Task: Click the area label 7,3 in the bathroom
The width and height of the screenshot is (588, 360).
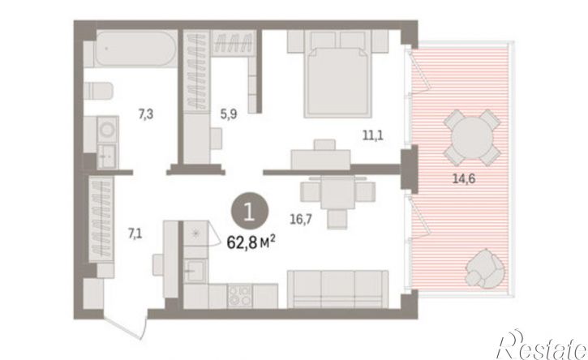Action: pyautogui.click(x=146, y=114)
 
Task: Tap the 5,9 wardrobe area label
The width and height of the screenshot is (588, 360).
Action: pyautogui.click(x=229, y=114)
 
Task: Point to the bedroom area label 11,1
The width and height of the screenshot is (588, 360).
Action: pyautogui.click(x=373, y=135)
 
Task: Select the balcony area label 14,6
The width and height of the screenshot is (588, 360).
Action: pyautogui.click(x=464, y=178)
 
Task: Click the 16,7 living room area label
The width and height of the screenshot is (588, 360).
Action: pyautogui.click(x=301, y=219)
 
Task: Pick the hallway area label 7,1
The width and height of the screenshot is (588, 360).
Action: pyautogui.click(x=135, y=234)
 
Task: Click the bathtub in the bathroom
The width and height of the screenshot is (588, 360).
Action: pyautogui.click(x=135, y=49)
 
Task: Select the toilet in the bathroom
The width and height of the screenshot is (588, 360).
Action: pyautogui.click(x=98, y=91)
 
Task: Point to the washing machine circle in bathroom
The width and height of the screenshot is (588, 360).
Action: pyautogui.click(x=108, y=129)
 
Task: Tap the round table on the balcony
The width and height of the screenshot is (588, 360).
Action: pyautogui.click(x=472, y=137)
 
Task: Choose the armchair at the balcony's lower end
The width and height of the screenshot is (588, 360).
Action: pyautogui.click(x=484, y=268)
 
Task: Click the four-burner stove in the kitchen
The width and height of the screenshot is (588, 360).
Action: pyautogui.click(x=239, y=296)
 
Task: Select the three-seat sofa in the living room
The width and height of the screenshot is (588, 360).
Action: pyautogui.click(x=337, y=289)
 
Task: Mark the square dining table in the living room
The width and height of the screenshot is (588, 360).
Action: pyautogui.click(x=337, y=192)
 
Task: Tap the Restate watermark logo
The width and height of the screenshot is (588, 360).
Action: pyautogui.click(x=542, y=345)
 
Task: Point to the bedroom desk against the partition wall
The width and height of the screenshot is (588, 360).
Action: pyautogui.click(x=320, y=159)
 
